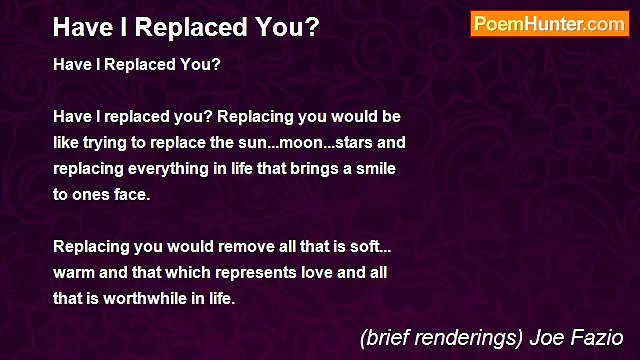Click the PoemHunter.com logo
[x=549, y=24]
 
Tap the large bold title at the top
[x=186, y=27]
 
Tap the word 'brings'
[x=311, y=168]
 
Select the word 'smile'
[x=376, y=168]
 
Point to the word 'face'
[x=130, y=194]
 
